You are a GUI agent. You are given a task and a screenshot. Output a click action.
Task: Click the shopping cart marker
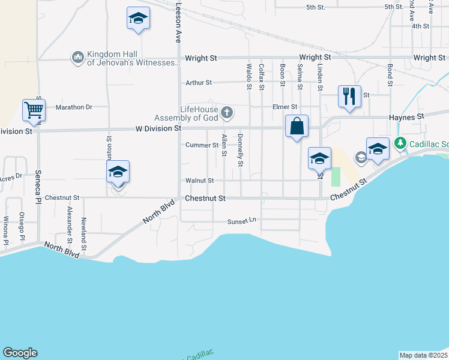pos(34,110)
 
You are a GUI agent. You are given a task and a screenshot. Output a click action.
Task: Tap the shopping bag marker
pos(297,127)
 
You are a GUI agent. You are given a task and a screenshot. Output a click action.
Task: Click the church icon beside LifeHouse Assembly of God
pos(227,112)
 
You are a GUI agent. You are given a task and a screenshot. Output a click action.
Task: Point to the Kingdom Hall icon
pos(77,58)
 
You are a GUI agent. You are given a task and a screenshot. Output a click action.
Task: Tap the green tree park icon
pos(400,143)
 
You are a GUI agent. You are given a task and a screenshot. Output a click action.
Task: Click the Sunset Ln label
pos(242,221)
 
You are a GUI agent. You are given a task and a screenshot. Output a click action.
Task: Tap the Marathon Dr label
pos(74,107)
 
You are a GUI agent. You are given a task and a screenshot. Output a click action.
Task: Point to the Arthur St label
pos(199,83)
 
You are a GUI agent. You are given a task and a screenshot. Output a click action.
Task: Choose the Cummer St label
pos(202,145)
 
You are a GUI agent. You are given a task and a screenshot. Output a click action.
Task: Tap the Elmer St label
pos(285,107)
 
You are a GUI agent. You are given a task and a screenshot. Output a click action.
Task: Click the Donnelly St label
pos(240,151)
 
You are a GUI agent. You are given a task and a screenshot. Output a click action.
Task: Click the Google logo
pos(20,353)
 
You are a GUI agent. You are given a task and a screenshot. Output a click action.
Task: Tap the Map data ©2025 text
pos(423,355)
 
